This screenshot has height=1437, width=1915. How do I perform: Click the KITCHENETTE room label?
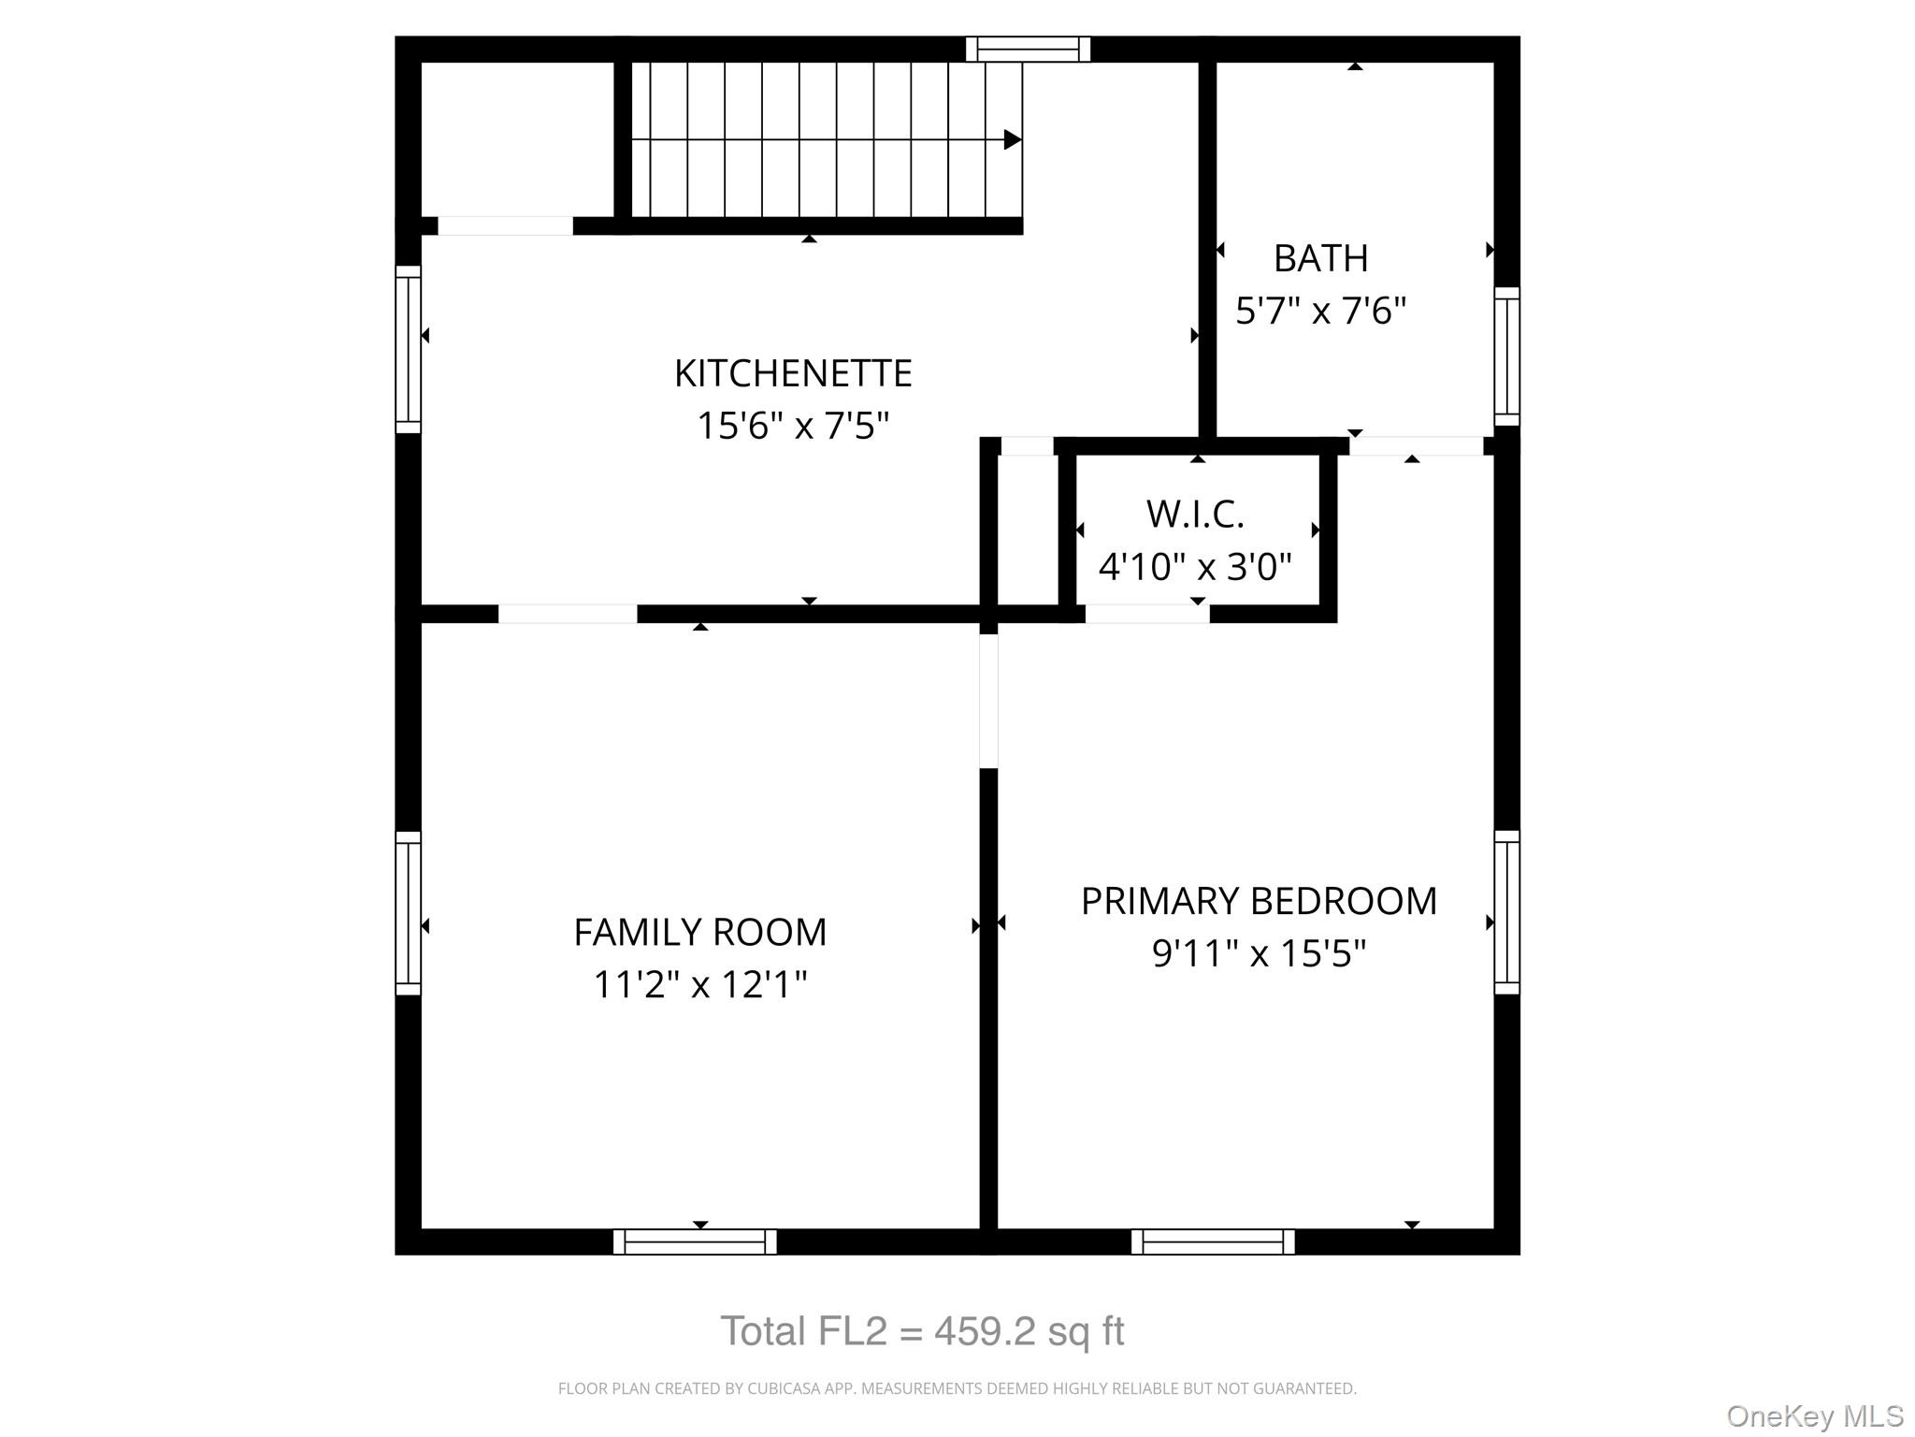[793, 373]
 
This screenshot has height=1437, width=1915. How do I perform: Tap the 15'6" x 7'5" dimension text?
[793, 426]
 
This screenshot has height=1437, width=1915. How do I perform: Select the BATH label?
[1320, 258]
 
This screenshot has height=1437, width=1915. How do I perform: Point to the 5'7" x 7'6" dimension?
[1320, 311]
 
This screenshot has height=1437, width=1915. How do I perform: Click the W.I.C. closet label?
[1195, 514]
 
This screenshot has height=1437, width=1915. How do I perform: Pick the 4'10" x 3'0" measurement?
[1195, 566]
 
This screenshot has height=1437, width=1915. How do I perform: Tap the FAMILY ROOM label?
[699, 932]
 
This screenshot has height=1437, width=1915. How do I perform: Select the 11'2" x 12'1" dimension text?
[699, 984]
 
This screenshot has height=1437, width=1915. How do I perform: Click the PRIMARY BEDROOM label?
[1259, 901]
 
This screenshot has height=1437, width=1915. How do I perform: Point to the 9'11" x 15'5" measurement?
[1259, 953]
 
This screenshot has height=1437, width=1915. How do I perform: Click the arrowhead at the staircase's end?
[1012, 139]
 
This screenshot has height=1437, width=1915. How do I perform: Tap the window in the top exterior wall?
[1028, 49]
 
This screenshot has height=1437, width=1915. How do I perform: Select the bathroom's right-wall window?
[1506, 356]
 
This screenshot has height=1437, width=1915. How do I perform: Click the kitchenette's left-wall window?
[409, 349]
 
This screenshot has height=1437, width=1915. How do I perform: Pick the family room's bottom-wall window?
[695, 1241]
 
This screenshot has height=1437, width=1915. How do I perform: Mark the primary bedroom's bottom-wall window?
[1213, 1241]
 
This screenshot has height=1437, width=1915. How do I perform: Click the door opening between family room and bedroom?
[988, 701]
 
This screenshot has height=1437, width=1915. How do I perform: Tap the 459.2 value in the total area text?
[985, 1331]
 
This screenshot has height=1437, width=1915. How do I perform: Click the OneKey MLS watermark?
[1814, 1416]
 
